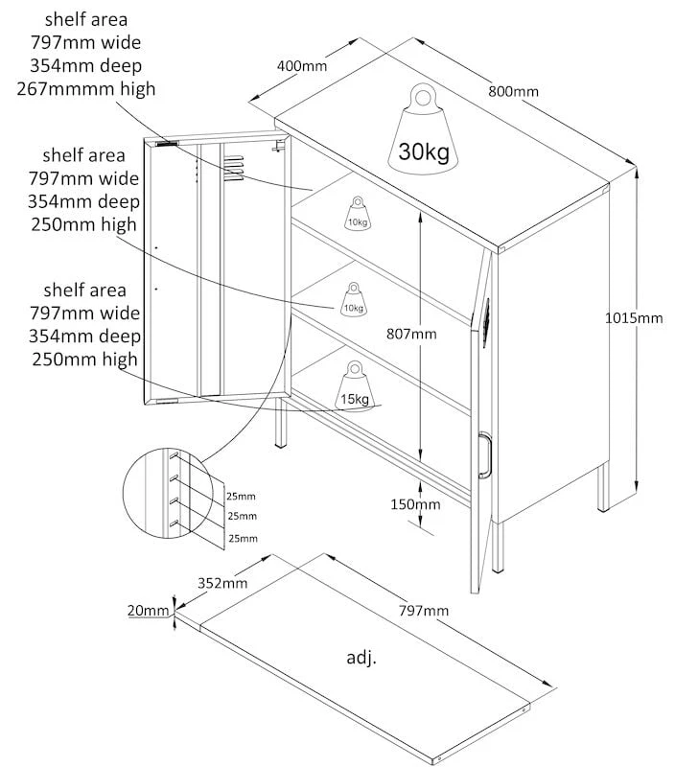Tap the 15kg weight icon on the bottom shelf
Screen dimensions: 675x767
click(x=355, y=386)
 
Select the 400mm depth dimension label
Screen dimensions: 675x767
click(x=302, y=65)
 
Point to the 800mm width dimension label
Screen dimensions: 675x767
click(x=513, y=91)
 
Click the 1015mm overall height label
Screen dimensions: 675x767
click(x=634, y=318)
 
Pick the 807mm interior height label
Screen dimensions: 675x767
click(x=411, y=334)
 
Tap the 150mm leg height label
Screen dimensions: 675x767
click(x=415, y=504)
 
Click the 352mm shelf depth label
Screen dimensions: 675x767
click(x=222, y=583)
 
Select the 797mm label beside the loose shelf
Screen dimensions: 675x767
click(x=424, y=610)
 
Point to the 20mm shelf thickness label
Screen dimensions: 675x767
click(x=148, y=610)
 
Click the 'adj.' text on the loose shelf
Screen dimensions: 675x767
click(x=361, y=658)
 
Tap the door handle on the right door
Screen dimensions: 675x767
click(x=485, y=454)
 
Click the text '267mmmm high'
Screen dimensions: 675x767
click(x=86, y=89)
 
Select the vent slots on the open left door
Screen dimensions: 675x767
click(x=234, y=169)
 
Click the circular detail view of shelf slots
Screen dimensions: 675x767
click(x=167, y=493)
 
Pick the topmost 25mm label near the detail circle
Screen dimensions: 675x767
click(x=241, y=496)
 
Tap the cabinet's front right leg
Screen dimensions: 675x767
click(x=498, y=546)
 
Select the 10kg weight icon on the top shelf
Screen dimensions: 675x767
click(x=358, y=213)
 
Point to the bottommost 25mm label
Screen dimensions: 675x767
click(x=244, y=538)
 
